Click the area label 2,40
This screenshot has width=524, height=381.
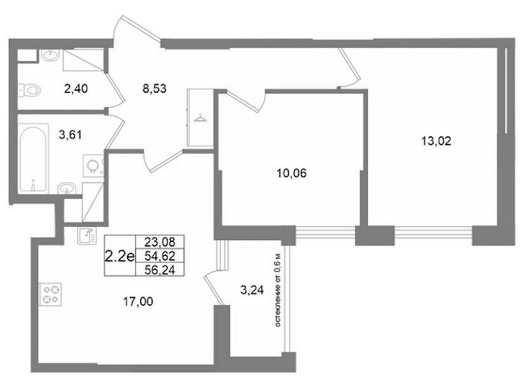76,88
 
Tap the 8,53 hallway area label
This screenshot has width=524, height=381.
154,89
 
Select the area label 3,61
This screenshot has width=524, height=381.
70,135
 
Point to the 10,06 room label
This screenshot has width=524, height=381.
292,173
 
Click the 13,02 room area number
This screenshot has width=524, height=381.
436,141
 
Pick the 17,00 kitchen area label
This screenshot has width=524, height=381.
138,302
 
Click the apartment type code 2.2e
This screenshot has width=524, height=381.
120,256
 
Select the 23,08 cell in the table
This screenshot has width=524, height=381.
160,242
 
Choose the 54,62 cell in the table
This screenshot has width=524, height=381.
160,256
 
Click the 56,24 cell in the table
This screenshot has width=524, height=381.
160,269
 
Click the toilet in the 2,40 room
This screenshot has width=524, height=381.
30,90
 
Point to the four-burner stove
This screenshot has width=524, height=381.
50,295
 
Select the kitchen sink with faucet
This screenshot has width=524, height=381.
86,235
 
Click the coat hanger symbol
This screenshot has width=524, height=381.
200,118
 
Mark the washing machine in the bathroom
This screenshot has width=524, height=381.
93,166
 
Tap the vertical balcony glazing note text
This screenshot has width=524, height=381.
278,290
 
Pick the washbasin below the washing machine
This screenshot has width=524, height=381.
67,188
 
